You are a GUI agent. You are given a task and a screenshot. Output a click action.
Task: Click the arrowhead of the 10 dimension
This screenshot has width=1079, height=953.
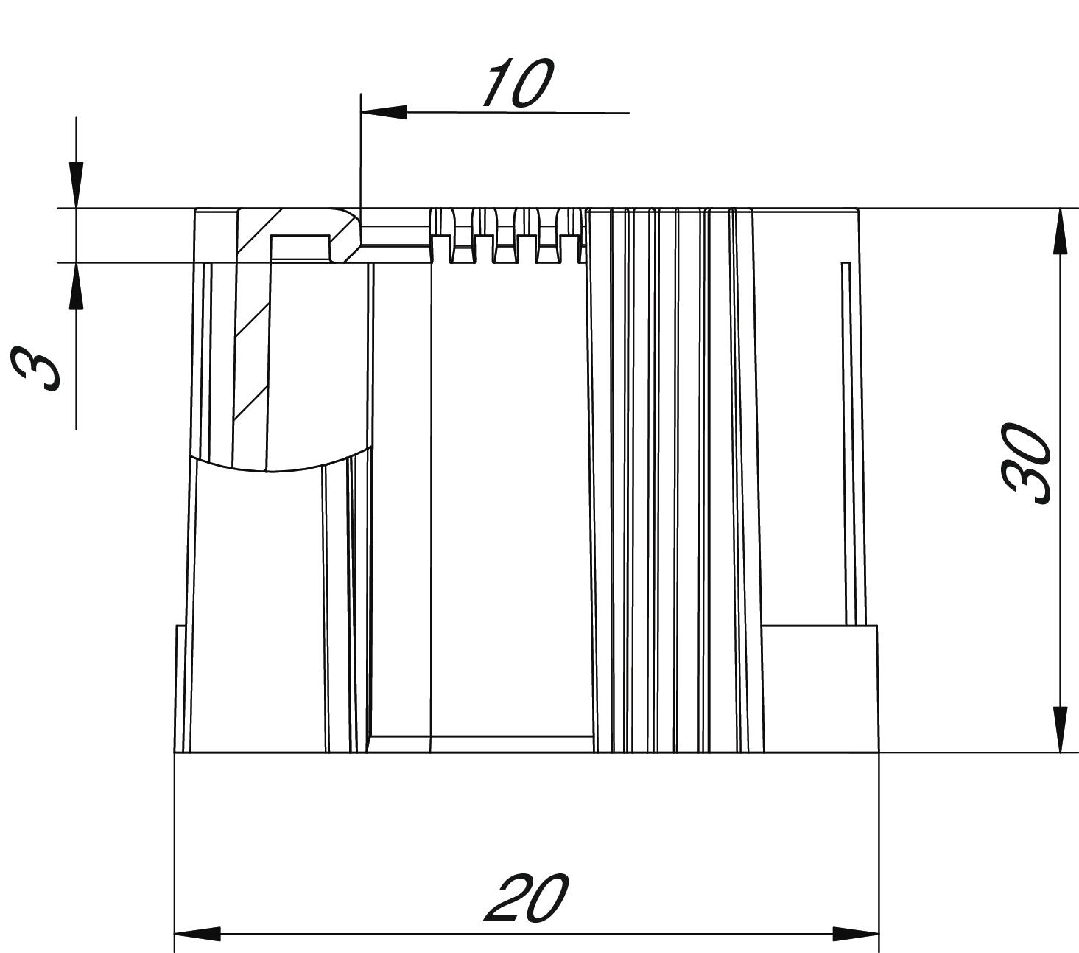[384, 112]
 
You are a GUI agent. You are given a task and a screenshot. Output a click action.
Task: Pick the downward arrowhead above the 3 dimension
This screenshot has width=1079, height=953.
[76, 184]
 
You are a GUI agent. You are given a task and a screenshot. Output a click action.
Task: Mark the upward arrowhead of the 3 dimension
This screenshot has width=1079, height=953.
[76, 286]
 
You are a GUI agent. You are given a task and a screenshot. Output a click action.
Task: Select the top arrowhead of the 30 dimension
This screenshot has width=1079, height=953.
[1059, 231]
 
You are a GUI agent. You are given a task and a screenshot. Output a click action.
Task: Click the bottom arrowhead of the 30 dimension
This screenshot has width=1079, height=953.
[1059, 729]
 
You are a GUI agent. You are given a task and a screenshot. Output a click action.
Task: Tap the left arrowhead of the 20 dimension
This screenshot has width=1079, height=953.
[197, 934]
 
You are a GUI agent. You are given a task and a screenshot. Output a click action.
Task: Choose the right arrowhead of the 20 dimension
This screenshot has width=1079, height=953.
[856, 934]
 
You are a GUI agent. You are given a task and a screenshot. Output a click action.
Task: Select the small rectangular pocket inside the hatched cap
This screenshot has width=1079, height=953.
[300, 246]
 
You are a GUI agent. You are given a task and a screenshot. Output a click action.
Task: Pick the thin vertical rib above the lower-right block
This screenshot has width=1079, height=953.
[846, 442]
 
